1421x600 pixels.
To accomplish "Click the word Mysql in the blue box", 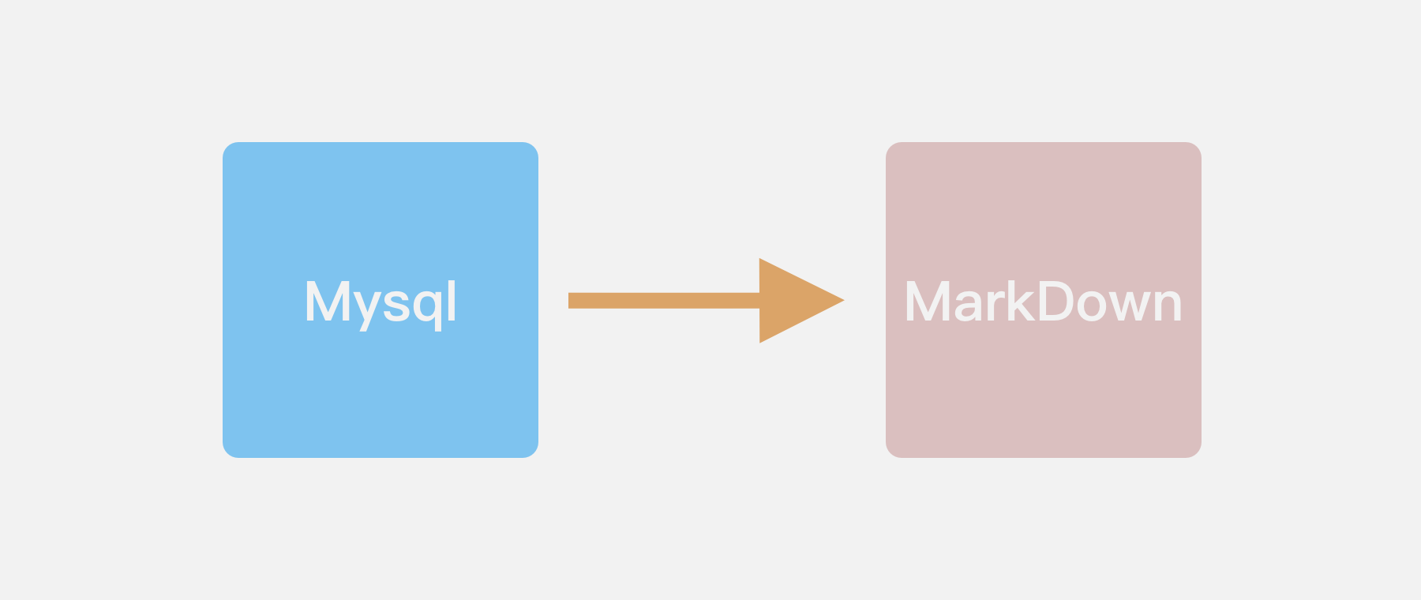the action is point(381,302).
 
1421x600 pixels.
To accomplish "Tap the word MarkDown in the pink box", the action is point(1043,302).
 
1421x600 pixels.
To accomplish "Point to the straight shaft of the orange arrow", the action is point(663,301).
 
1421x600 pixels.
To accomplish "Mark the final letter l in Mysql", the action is point(452,300).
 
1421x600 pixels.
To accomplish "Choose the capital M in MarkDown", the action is point(928,302).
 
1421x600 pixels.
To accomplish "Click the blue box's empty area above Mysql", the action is point(381,205).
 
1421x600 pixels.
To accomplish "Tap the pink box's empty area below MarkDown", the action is point(1043,395).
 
